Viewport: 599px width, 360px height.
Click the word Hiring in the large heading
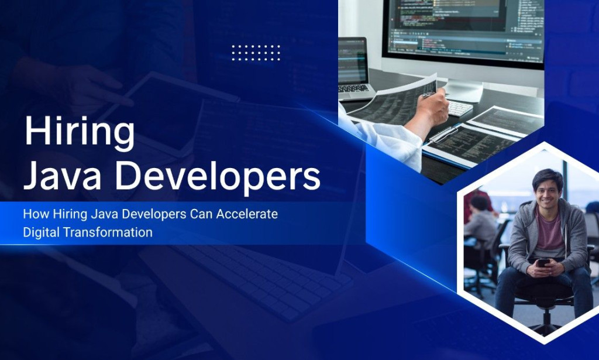pos(79,132)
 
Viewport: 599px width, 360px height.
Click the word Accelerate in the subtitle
pos(247,214)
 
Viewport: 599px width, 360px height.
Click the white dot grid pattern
pos(256,53)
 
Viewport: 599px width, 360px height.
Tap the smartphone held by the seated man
pos(543,263)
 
